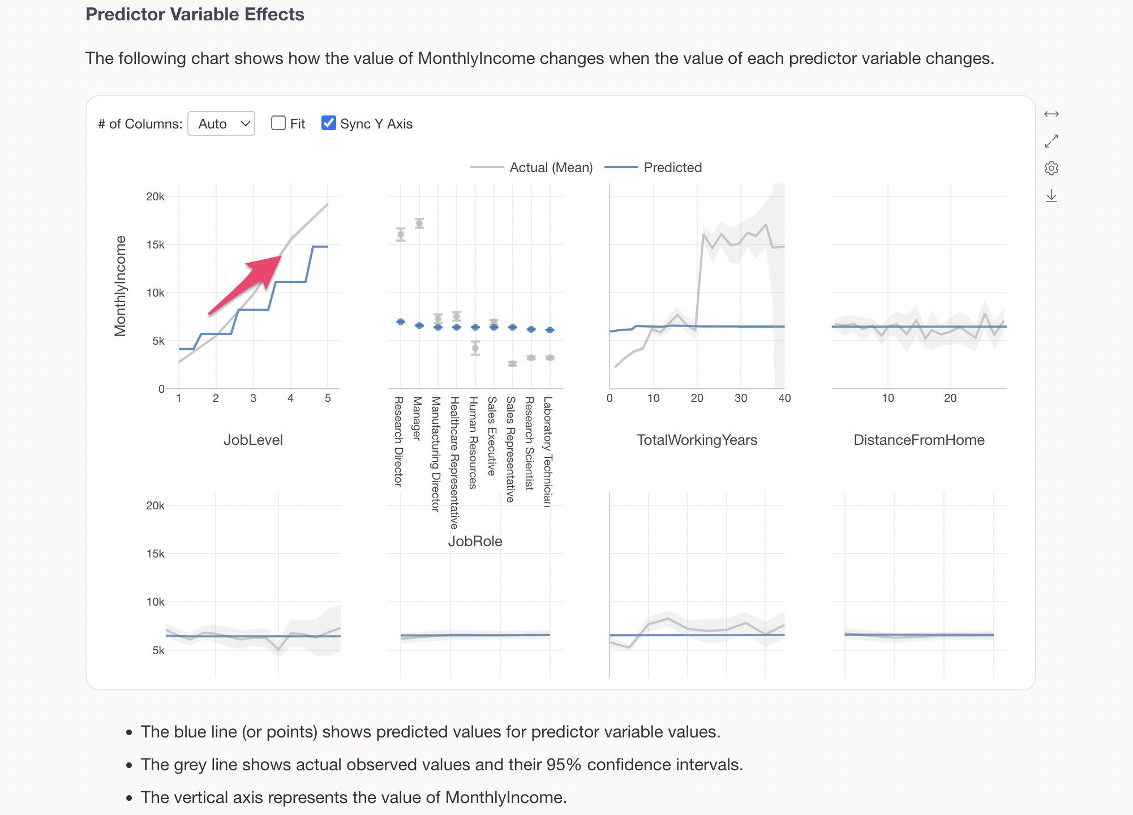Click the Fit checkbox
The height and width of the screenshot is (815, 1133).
click(278, 123)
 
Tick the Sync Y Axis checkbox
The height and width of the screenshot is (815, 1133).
click(328, 123)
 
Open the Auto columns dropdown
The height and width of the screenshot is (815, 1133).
click(221, 124)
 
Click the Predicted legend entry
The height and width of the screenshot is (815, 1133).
click(672, 168)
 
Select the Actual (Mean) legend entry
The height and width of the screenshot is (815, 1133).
click(551, 168)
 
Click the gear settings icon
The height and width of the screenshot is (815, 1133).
click(1052, 168)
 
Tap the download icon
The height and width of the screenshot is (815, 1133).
click(1052, 196)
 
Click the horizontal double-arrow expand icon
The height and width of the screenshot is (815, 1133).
click(1052, 114)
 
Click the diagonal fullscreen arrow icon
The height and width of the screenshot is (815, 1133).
click(1052, 141)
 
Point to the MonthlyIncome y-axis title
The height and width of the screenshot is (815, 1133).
click(121, 286)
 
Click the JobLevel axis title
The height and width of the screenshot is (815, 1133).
click(253, 440)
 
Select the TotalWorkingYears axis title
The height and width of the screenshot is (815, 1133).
click(697, 440)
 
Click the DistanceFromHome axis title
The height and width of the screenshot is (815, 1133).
click(919, 440)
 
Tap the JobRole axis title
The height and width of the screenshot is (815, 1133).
click(475, 541)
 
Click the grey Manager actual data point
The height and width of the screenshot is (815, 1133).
click(419, 224)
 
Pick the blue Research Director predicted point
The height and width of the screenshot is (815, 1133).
click(401, 321)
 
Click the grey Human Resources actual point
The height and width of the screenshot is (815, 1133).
click(475, 348)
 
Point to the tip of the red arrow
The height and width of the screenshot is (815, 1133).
click(281, 257)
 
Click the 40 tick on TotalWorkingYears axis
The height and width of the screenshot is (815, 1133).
click(784, 398)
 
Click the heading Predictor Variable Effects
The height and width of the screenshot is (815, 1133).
click(195, 14)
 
